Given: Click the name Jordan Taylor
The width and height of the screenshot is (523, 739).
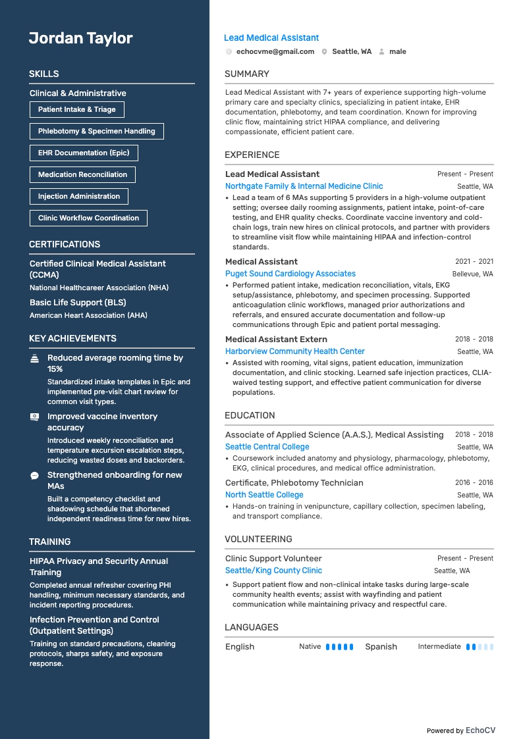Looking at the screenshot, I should pyautogui.click(x=80, y=38).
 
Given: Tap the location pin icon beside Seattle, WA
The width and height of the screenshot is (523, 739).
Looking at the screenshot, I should pyautogui.click(x=325, y=51).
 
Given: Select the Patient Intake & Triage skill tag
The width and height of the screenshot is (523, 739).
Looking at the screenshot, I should pyautogui.click(x=76, y=109).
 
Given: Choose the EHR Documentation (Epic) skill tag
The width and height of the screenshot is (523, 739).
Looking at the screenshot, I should pyautogui.click(x=84, y=153).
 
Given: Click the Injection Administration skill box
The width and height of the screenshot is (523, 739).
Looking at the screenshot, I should pyautogui.click(x=78, y=196).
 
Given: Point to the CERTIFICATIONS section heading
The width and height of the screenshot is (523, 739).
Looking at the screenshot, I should pyautogui.click(x=65, y=244).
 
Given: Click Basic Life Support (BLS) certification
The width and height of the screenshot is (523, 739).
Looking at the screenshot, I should pyautogui.click(x=78, y=303).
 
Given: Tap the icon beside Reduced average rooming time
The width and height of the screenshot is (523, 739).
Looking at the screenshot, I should pyautogui.click(x=34, y=359).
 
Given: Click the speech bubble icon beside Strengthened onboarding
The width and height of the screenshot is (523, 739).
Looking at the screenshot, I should pyautogui.click(x=34, y=475).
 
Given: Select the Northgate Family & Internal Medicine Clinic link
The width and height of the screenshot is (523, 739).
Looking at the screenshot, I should pyautogui.click(x=304, y=186).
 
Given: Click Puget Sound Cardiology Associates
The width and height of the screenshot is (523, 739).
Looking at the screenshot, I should pyautogui.click(x=290, y=274).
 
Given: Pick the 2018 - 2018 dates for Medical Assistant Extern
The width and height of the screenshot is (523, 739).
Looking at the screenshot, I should pyautogui.click(x=474, y=339).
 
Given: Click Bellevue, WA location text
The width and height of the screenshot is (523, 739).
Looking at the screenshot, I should pyautogui.click(x=472, y=274).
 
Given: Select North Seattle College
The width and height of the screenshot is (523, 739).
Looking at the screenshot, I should pyautogui.click(x=264, y=495).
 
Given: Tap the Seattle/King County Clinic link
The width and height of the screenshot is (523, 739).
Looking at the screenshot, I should pyautogui.click(x=273, y=571).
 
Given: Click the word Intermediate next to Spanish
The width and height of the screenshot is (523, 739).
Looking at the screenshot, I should pyautogui.click(x=439, y=646).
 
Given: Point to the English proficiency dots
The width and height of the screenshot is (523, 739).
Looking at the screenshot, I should pyautogui.click(x=339, y=647).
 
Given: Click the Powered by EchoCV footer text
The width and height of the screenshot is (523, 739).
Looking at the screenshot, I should pyautogui.click(x=460, y=730).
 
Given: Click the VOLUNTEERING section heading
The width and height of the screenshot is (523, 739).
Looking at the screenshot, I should pyautogui.click(x=258, y=539).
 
